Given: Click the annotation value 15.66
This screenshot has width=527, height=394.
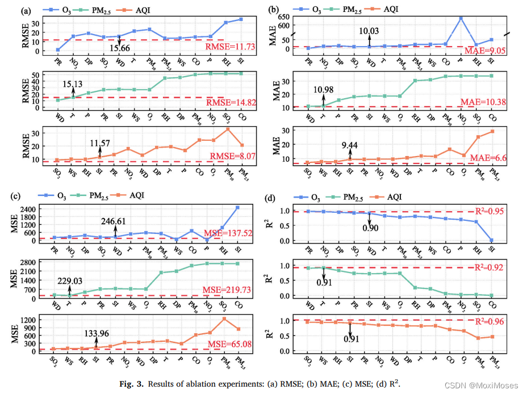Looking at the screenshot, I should point(120,50).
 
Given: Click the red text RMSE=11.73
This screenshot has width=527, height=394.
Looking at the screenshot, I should point(229,47).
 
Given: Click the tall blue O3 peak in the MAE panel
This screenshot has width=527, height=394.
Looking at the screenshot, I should point(461,18).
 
